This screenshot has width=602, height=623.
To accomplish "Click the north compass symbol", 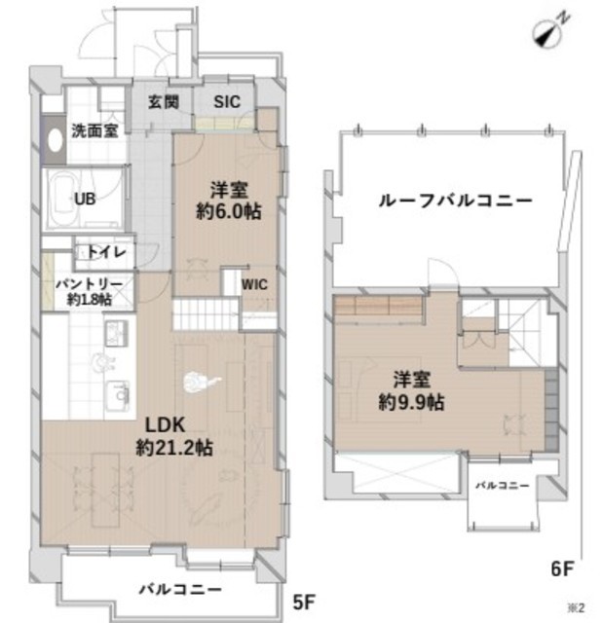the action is [550, 31].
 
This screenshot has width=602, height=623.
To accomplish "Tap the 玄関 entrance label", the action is [164, 102].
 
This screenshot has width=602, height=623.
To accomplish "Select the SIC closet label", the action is [227, 102].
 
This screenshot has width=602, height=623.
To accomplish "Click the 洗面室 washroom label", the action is [95, 130].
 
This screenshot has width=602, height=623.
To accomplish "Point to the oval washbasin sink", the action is [55, 140].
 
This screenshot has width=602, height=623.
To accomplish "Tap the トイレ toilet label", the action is [106, 252].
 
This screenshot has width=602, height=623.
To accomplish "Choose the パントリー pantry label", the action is [89, 284].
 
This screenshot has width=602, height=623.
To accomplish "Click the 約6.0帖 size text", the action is [229, 211].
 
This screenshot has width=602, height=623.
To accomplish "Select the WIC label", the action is [254, 284].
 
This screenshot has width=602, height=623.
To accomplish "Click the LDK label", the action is [165, 425].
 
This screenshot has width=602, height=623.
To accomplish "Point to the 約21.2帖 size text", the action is [174, 448].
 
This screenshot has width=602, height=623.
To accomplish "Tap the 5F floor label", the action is [304, 603].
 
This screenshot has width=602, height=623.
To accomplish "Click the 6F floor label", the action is [562, 568].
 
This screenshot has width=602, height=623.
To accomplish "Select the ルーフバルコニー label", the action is [455, 201].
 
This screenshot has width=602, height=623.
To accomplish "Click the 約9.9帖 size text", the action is [411, 403].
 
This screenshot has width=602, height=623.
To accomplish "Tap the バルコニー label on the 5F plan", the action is [180, 589].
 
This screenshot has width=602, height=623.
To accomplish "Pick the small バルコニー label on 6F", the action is [503, 486].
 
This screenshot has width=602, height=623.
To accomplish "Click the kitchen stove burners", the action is [117, 333].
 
